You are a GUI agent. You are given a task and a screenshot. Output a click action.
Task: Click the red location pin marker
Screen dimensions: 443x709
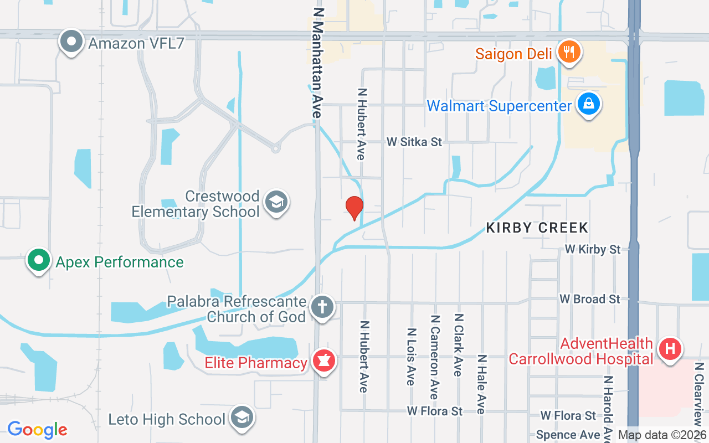pyautogui.click(x=354, y=208)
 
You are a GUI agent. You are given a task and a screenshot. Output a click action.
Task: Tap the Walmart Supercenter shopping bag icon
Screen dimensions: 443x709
pyautogui.click(x=588, y=104)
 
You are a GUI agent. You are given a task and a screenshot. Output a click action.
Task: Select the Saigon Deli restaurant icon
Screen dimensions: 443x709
pyautogui.click(x=568, y=53)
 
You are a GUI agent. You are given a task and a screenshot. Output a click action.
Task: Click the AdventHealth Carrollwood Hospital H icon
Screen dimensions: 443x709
pyautogui.click(x=670, y=349)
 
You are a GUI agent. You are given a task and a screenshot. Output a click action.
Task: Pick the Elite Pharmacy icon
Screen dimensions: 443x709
pyautogui.click(x=323, y=362)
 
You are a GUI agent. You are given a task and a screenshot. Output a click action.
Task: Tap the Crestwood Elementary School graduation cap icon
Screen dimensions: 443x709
pyautogui.click(x=276, y=202)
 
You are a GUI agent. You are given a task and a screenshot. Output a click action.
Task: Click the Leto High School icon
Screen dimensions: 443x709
pyautogui.click(x=242, y=418)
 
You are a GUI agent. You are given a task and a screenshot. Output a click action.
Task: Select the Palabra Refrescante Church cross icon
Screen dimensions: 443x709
pyautogui.click(x=322, y=307)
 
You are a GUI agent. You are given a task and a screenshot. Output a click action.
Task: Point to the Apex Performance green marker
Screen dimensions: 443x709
pyautogui.click(x=38, y=260)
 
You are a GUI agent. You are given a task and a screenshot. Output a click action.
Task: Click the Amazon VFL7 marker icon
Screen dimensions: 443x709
pyautogui.click(x=71, y=42)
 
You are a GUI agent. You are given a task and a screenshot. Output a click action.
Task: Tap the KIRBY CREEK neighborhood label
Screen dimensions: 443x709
pyautogui.click(x=537, y=228)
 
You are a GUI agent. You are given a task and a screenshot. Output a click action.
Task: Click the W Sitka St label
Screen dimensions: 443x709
pyautogui.click(x=414, y=142)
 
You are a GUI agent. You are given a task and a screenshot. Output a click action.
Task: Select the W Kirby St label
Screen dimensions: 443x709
pyautogui.click(x=593, y=250)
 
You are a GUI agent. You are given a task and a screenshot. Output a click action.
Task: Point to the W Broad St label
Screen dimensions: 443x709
pyautogui.click(x=589, y=299)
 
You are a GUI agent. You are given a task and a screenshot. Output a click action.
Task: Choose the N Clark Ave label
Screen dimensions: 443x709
pyautogui.click(x=458, y=345)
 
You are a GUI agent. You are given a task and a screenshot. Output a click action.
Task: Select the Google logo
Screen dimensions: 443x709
pyautogui.click(x=37, y=429)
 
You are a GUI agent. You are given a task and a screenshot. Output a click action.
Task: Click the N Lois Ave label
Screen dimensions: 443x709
pyautogui.click(x=411, y=357)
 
